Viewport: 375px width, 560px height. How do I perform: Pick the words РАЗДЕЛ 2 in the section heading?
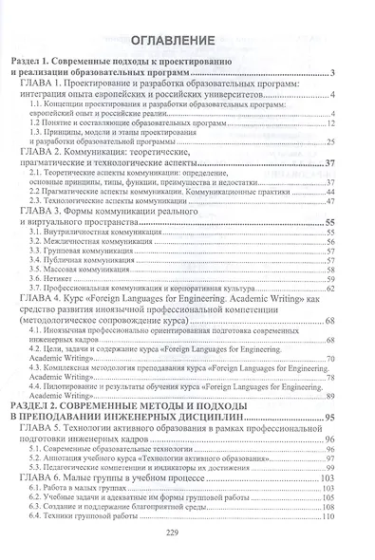tap(37, 402)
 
